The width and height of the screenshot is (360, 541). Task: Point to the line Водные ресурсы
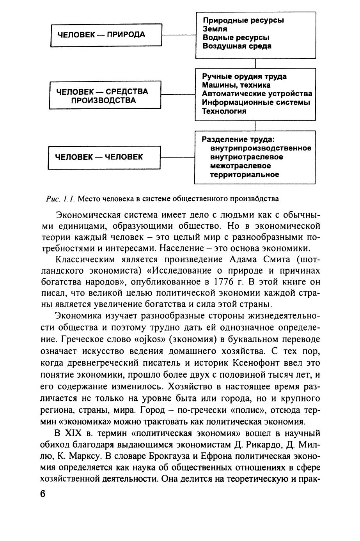click(x=236, y=37)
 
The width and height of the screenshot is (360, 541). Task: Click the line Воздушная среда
click(x=237, y=46)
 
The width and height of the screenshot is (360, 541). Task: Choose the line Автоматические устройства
click(x=257, y=94)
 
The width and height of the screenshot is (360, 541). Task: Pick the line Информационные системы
click(x=256, y=103)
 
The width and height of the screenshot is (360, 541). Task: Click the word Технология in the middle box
click(x=224, y=111)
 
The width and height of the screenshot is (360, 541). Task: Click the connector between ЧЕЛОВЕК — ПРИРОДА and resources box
click(x=178, y=35)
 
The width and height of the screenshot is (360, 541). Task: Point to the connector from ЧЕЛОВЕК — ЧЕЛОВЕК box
click(x=177, y=157)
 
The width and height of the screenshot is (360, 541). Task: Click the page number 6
click(x=43, y=493)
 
